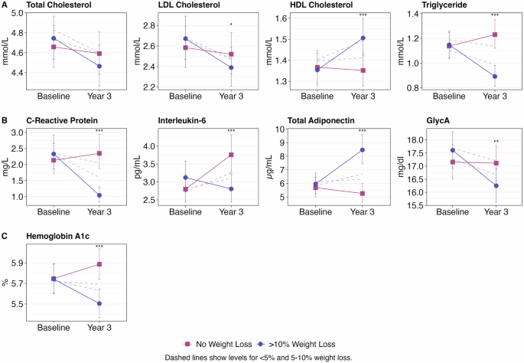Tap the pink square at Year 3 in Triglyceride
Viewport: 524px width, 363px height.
click(494, 34)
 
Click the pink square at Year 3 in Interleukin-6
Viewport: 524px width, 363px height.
click(230, 155)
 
